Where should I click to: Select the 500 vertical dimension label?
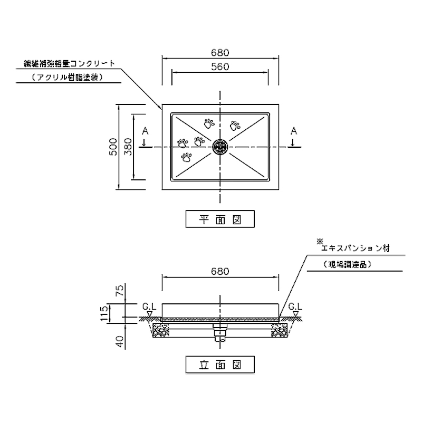point(112,147)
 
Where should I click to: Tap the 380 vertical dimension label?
point(127,147)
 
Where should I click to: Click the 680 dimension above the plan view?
point(219,52)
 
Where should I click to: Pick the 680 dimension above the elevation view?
point(219,272)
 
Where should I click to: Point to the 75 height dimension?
point(120,290)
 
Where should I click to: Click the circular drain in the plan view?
point(220,147)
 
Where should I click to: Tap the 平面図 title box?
point(220,218)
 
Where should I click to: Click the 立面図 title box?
point(220,363)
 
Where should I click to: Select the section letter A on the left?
point(145,130)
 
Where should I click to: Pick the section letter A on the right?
point(294,130)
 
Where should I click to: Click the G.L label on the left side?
point(149,305)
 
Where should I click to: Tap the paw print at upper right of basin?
point(235,125)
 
